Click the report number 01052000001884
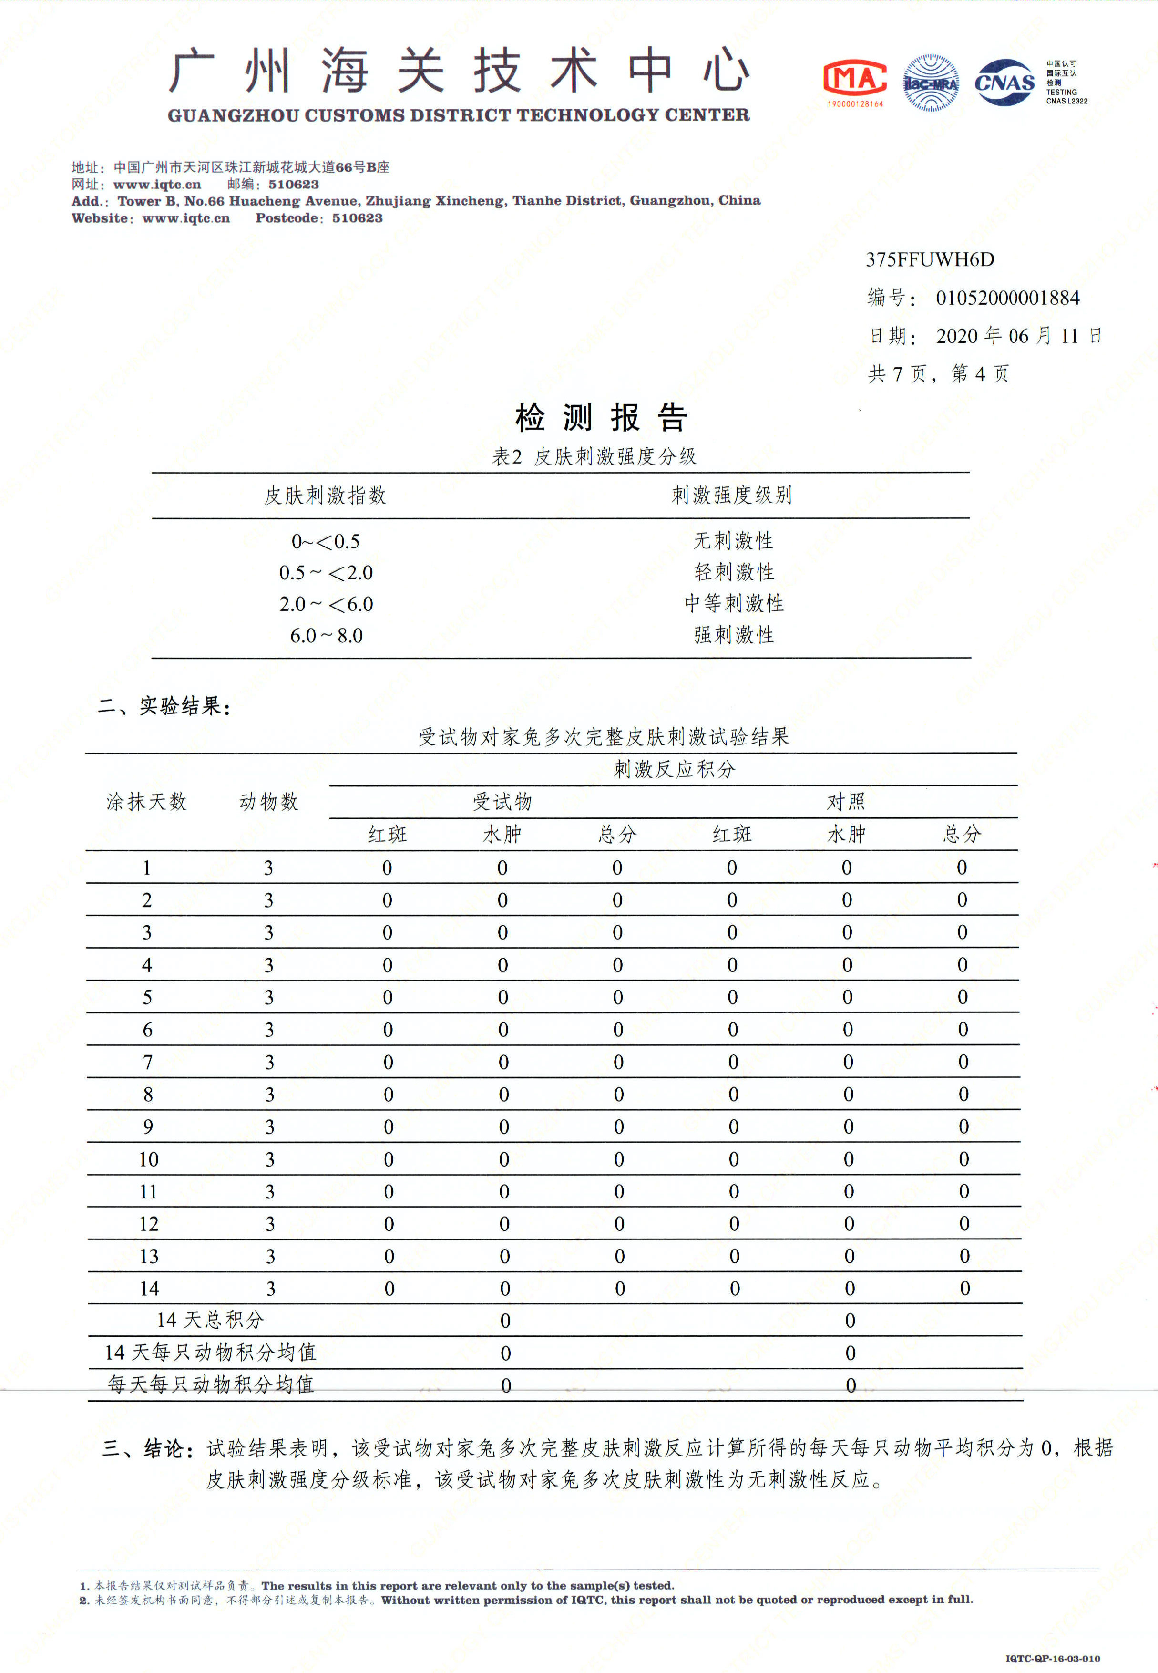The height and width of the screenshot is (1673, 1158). click(x=1007, y=298)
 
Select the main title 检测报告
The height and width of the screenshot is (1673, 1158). click(x=601, y=418)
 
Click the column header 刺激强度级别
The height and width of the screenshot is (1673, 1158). click(x=731, y=495)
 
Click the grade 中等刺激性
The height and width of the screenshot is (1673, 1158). click(x=734, y=603)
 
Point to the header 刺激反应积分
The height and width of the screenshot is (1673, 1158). click(x=674, y=769)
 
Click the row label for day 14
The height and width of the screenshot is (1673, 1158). click(x=150, y=1288)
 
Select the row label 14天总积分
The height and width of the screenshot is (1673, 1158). click(x=210, y=1320)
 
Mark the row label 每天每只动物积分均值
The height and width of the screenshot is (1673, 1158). click(x=210, y=1384)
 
